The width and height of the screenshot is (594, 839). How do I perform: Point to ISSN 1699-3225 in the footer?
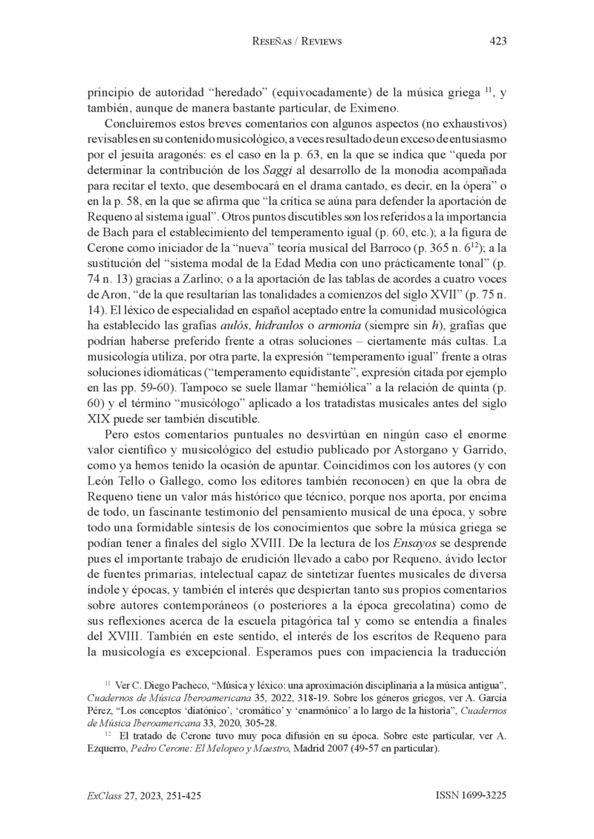(x=471, y=796)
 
